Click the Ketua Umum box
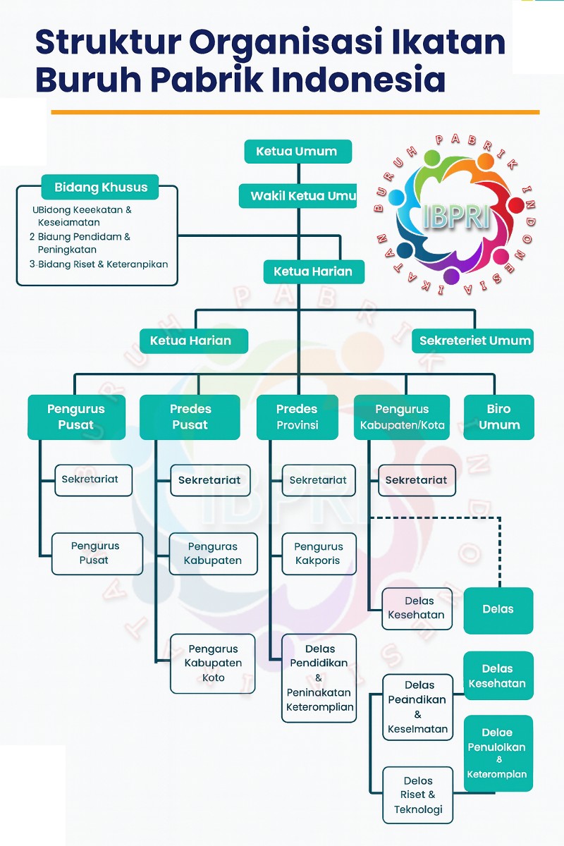coord(298,152)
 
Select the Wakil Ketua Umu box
coord(298,195)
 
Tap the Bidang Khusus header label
coord(100,188)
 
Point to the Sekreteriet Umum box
coord(473,341)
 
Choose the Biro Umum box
coord(499,417)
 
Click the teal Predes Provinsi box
coord(297,417)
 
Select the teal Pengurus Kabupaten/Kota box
coord(402,417)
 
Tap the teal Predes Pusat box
coord(190,417)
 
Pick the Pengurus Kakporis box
coord(319,553)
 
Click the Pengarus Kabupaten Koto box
coord(213,663)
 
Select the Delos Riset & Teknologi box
coord(418,795)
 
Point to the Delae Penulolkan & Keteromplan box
coord(498,754)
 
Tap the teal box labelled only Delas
coord(498,610)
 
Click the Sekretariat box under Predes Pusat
coord(210,480)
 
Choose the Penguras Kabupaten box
coord(213,553)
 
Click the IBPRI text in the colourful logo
coord(456,216)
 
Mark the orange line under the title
coord(295,112)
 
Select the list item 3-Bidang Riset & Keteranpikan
coord(99,264)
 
